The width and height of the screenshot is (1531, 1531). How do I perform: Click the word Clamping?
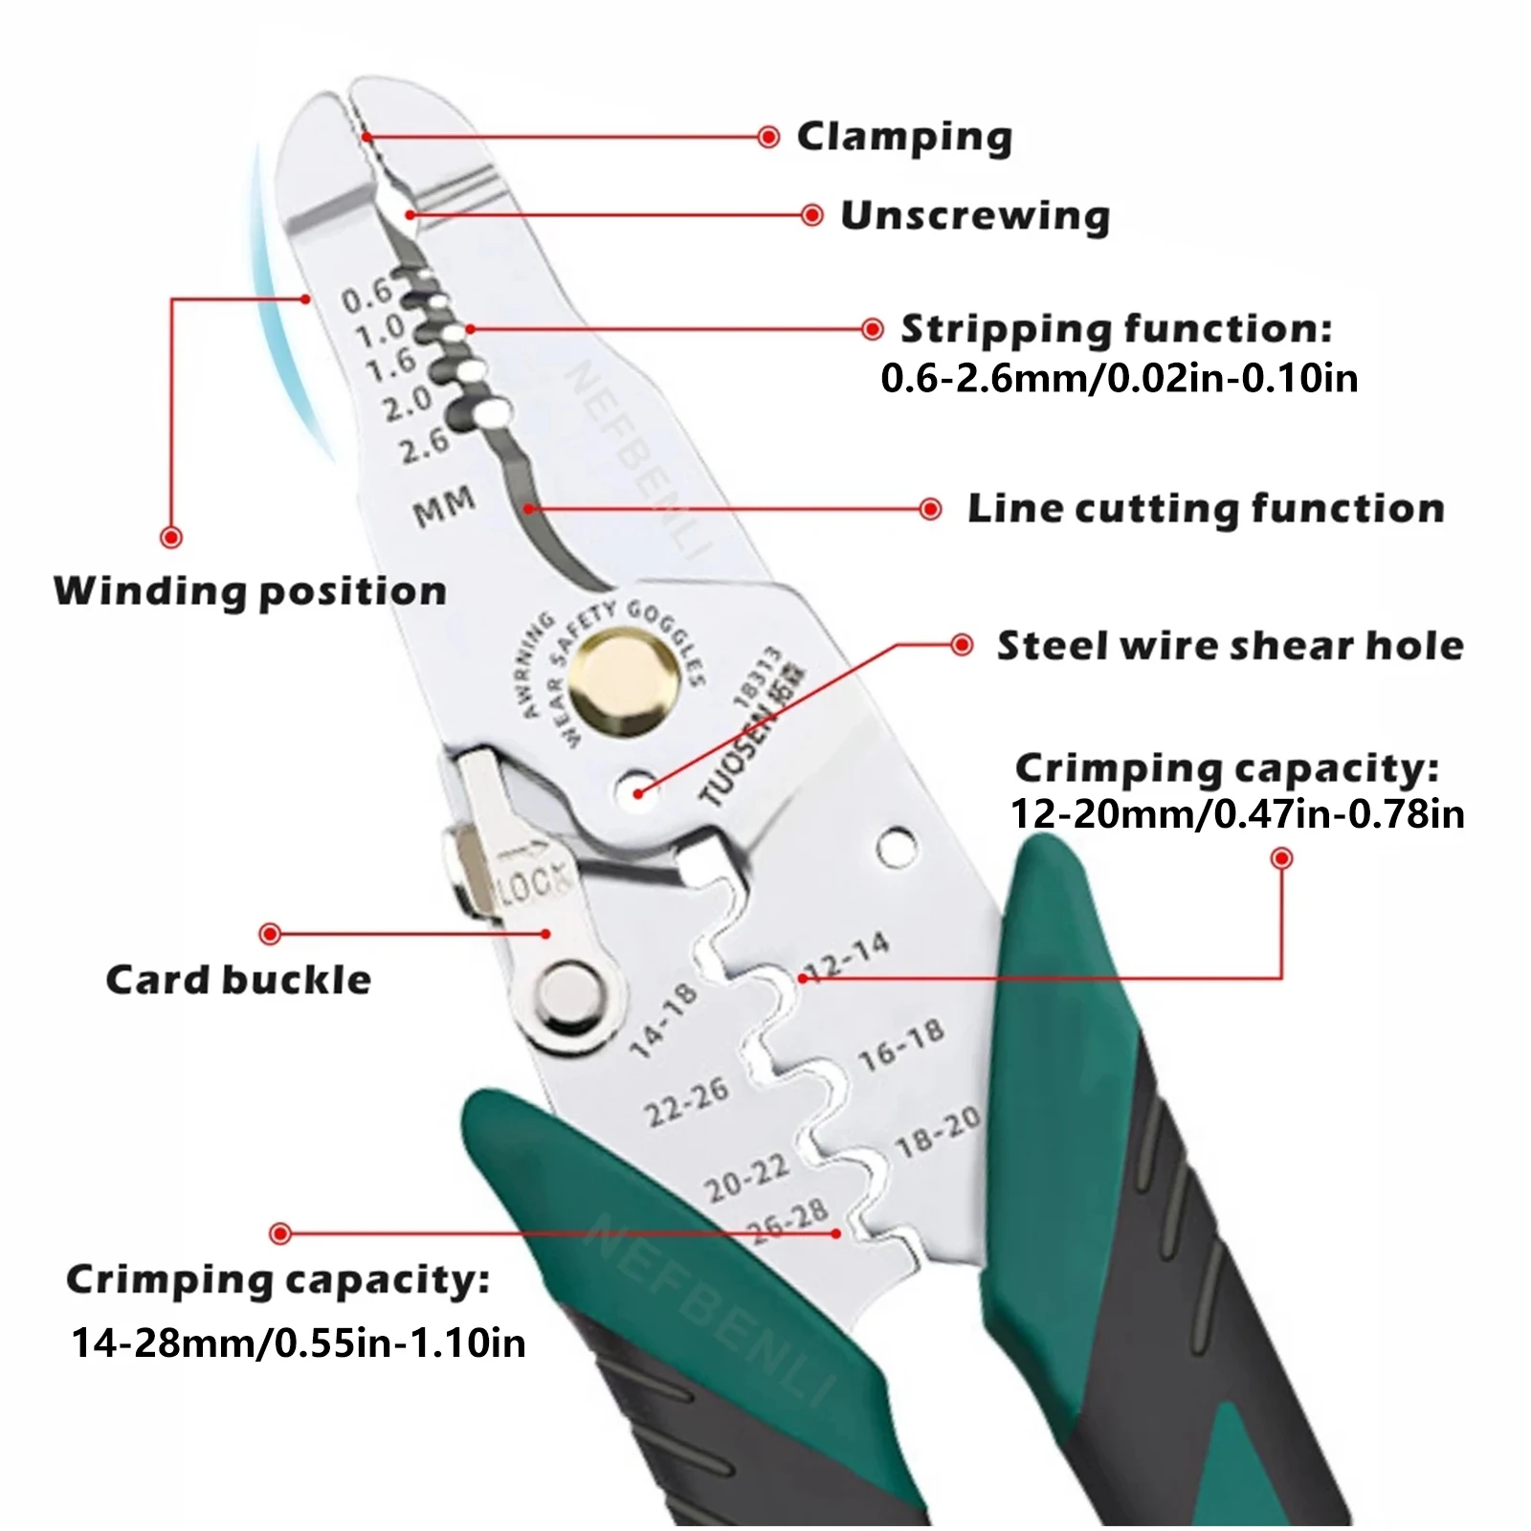coord(904,137)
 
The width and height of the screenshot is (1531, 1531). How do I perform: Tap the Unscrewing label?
coord(975,216)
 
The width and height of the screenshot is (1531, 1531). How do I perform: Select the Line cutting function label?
coord(1206,508)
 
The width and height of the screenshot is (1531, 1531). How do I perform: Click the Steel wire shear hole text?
coord(1231,646)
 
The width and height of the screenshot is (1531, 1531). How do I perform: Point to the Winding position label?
coord(251,591)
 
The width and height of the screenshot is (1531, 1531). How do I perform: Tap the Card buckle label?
coord(238,980)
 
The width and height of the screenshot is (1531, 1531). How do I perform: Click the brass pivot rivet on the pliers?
coord(624,682)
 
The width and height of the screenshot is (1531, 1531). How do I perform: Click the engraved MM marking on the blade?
coord(444,505)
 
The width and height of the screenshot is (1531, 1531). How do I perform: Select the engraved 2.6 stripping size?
coord(424,445)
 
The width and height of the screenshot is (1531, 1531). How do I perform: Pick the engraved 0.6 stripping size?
coord(367,294)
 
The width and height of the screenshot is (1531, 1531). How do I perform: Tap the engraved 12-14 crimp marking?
coord(846,957)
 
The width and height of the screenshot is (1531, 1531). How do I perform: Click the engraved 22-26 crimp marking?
coord(686,1101)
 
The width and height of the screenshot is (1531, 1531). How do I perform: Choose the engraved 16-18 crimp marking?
coord(900,1045)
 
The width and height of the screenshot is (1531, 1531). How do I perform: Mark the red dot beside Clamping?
coord(767,137)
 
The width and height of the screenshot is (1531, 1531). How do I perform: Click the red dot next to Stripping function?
coord(872,329)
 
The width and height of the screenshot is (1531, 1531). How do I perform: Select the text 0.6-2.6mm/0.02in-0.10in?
coord(1120,378)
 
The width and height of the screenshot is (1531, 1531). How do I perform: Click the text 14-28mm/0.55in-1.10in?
coord(299,1342)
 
